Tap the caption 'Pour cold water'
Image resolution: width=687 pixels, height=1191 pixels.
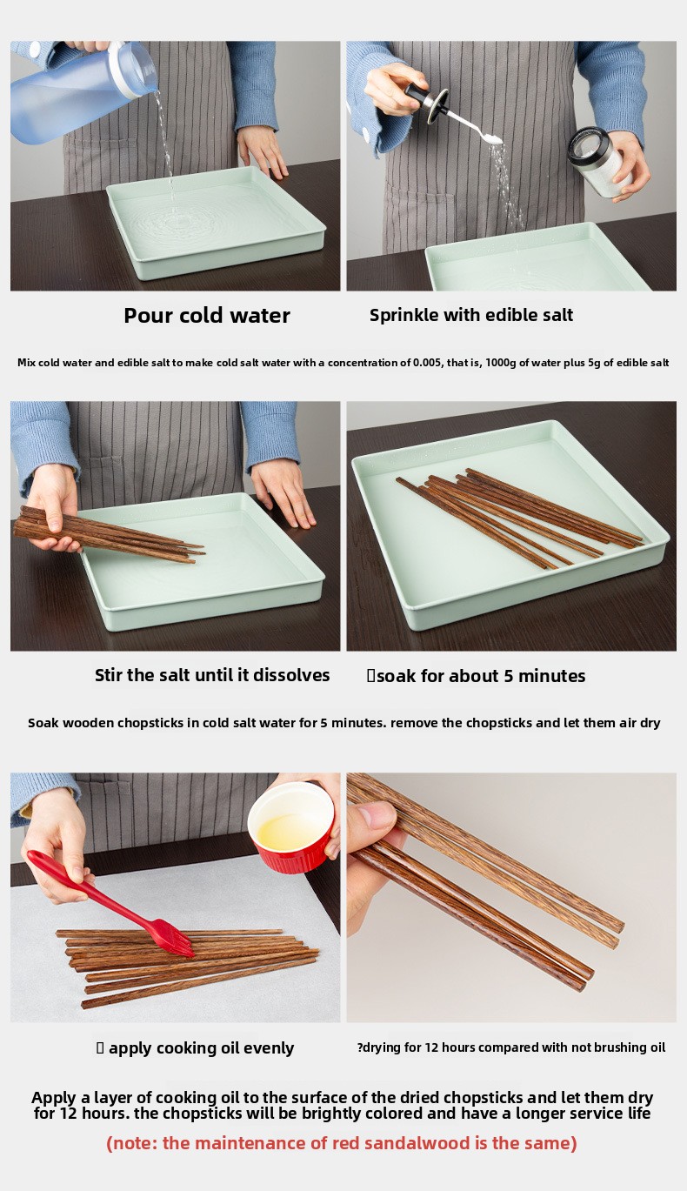point(207,315)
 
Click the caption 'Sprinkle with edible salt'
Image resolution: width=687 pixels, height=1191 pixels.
point(471,315)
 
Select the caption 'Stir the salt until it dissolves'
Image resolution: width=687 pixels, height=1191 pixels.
point(212,675)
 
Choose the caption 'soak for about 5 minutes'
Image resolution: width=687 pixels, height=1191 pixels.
point(481,676)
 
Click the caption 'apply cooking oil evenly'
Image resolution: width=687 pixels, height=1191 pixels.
point(202,1048)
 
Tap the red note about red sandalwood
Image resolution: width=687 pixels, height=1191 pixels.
point(342,1142)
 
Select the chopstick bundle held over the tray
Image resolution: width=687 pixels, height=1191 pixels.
point(109,534)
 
